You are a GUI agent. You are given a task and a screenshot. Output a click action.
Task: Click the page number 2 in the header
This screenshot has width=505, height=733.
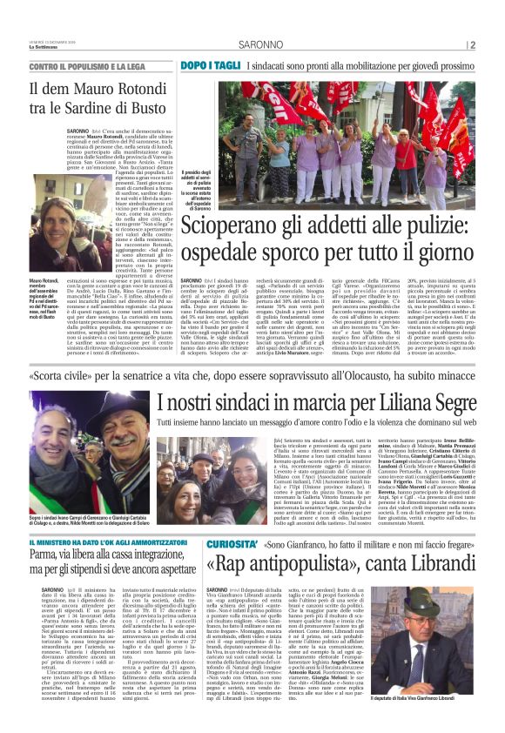(x=471, y=45)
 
